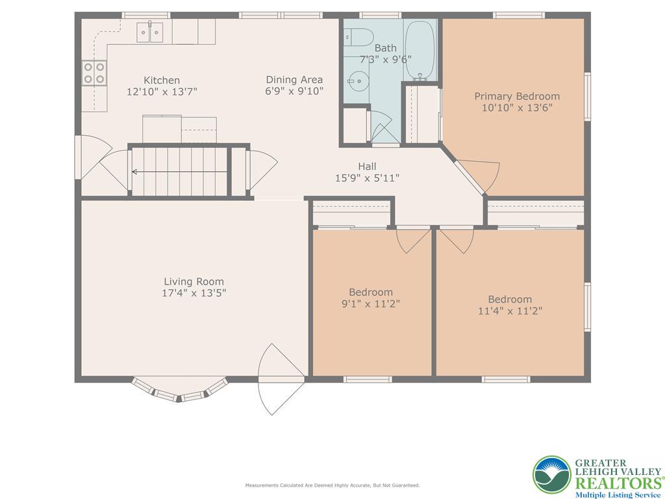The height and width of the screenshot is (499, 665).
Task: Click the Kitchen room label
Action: [x=162, y=80]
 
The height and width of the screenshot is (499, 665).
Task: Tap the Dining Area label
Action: [x=294, y=80]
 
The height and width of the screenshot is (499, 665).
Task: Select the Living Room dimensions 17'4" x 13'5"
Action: [x=194, y=293]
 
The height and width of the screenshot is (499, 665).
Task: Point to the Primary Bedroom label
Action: [x=517, y=96]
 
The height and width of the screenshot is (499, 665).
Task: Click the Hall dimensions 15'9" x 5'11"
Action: [x=368, y=178]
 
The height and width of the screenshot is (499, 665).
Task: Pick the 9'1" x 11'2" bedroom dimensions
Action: [x=371, y=303]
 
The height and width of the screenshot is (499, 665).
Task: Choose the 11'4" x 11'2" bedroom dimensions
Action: [x=510, y=311]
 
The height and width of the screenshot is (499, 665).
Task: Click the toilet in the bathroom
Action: [x=358, y=37]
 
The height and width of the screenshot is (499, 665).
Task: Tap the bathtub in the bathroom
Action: [x=420, y=50]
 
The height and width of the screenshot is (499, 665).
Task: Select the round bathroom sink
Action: [x=358, y=81]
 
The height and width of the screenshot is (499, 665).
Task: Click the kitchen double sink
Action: [x=150, y=32]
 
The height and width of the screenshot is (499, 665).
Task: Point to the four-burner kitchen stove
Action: [x=94, y=73]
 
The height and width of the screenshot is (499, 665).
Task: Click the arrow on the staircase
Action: [x=179, y=172]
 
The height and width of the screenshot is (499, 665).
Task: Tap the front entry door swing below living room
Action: [x=281, y=379]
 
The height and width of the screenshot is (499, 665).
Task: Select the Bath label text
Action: [x=386, y=48]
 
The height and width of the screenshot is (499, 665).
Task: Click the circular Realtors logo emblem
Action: [x=552, y=475]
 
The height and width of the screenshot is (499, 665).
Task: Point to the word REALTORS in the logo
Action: [x=618, y=483]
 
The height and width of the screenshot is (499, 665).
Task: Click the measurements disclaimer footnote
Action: [x=332, y=485]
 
